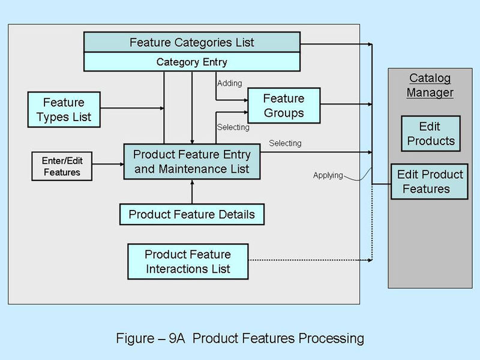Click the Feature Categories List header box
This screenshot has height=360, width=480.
click(x=192, y=43)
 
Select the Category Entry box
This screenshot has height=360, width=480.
click(x=192, y=62)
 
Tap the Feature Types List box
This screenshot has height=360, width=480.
click(x=64, y=109)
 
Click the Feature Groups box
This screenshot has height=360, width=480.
click(x=284, y=105)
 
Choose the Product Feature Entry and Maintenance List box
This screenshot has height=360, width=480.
click(x=192, y=161)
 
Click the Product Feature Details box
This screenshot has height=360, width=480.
click(x=192, y=214)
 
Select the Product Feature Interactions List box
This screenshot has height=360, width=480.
click(x=188, y=261)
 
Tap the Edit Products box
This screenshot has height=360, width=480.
click(x=430, y=134)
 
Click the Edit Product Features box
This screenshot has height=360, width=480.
click(x=430, y=181)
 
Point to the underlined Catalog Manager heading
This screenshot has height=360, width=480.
click(x=430, y=85)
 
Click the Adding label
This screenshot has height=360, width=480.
click(x=229, y=83)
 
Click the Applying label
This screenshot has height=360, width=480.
click(x=328, y=176)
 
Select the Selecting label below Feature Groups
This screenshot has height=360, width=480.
click(x=233, y=127)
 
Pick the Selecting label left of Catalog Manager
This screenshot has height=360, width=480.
click(x=285, y=143)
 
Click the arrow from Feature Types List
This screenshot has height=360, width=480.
click(x=132, y=109)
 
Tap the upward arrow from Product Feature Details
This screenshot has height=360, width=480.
click(x=192, y=192)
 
